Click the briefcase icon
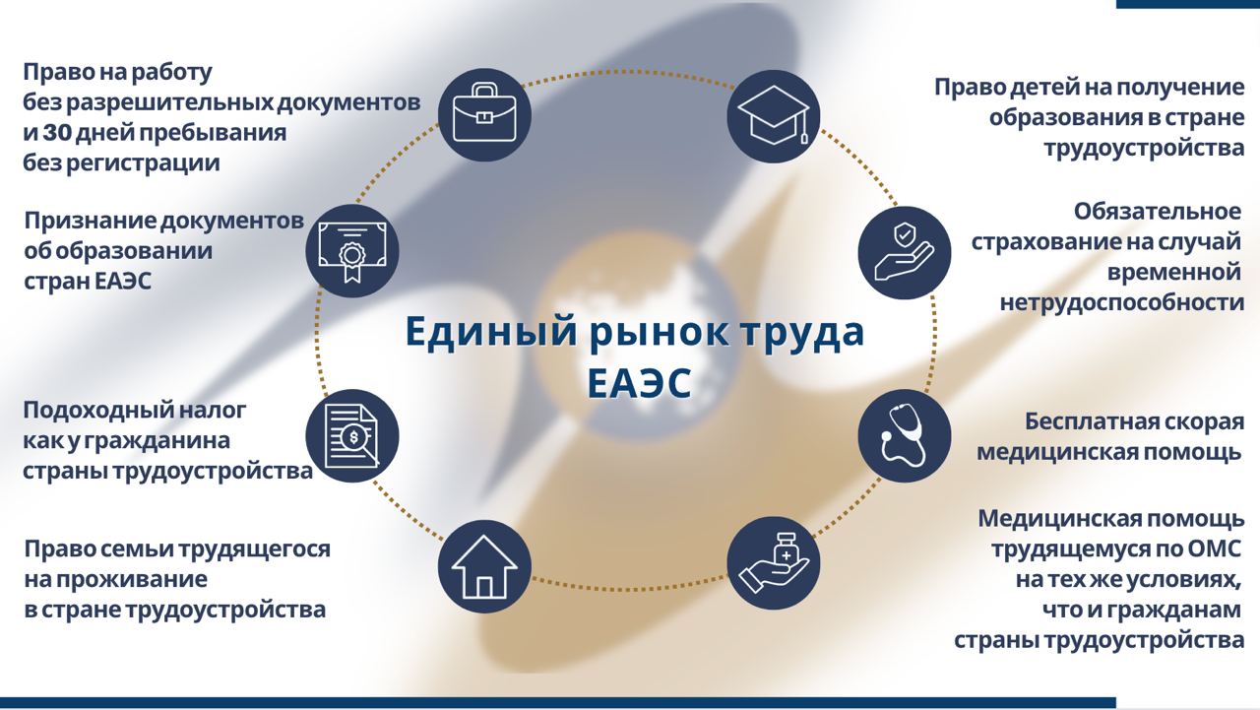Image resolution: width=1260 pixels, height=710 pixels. [484, 115]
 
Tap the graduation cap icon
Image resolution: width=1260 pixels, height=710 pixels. [774, 116]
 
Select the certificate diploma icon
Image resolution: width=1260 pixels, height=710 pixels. [352, 250]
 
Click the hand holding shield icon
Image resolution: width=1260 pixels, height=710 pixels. [905, 252]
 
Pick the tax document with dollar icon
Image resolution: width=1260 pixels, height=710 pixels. [352, 436]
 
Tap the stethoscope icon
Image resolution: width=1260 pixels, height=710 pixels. [905, 436]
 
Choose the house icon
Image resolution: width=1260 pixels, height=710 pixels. [484, 566]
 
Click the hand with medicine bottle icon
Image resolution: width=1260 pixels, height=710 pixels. [774, 563]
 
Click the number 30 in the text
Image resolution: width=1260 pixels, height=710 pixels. [57, 133]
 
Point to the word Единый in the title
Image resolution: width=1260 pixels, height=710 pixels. [491, 333]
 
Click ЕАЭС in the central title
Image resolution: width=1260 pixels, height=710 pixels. [639, 384]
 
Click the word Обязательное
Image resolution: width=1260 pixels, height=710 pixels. [1157, 212]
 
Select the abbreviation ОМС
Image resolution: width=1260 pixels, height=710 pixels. [1215, 549]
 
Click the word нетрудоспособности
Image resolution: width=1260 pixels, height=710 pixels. [1121, 303]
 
